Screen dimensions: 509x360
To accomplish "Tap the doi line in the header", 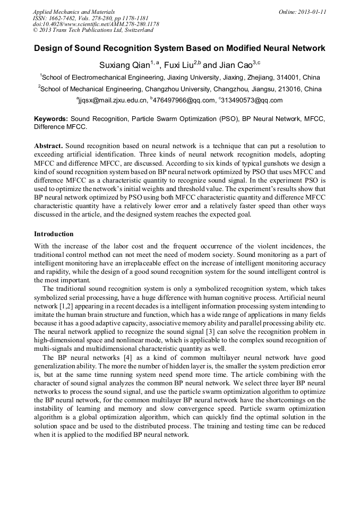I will [96, 24].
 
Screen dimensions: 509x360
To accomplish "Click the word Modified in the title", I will [232, 48].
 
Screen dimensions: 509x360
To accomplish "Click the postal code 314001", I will [287, 77].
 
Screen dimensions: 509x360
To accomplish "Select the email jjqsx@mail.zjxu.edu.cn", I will [113, 100].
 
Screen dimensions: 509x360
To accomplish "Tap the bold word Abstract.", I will [49, 145].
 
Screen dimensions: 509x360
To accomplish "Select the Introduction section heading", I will [54, 234].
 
